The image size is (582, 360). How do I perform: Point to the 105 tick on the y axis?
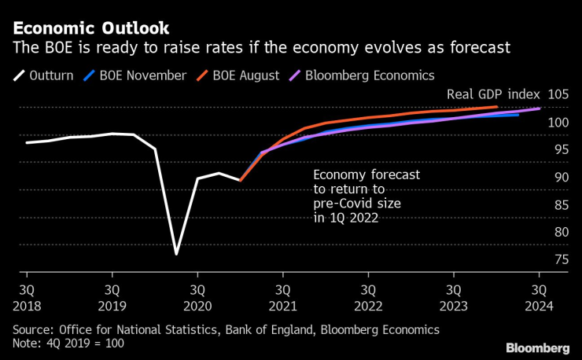[558, 94]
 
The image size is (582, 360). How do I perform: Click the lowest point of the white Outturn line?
[176, 255]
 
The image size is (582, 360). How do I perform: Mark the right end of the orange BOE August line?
[497, 107]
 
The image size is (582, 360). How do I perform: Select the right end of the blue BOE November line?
[518, 115]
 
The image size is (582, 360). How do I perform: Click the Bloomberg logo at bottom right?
[538, 347]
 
